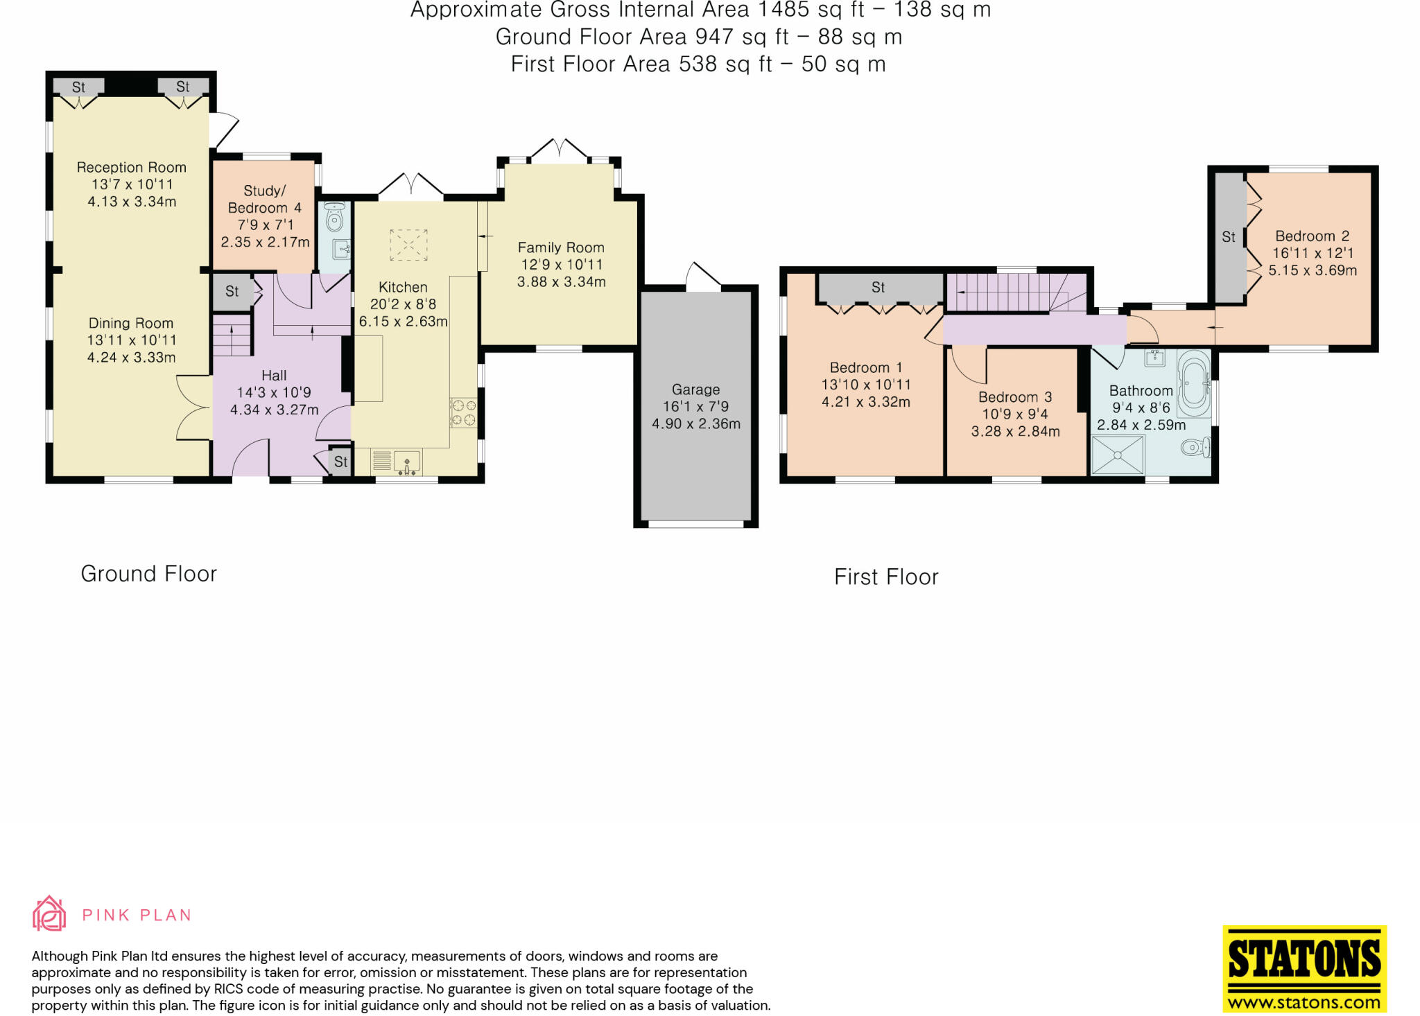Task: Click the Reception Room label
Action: click(x=132, y=167)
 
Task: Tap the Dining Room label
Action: click(x=131, y=323)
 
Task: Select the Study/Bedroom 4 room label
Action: click(x=264, y=199)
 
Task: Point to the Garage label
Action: click(x=695, y=389)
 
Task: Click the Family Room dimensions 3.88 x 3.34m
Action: click(x=562, y=281)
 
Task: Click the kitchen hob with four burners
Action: click(x=464, y=412)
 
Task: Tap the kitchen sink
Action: click(x=407, y=462)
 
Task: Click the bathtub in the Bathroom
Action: click(x=1194, y=382)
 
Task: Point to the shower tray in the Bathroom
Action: click(x=1118, y=455)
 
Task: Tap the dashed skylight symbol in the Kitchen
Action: click(x=408, y=245)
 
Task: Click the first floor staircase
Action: click(x=1016, y=292)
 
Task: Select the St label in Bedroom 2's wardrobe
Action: click(x=1229, y=237)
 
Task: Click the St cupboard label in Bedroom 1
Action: click(x=878, y=287)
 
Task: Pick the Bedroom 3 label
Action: click(x=1015, y=397)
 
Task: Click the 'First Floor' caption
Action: click(x=886, y=577)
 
